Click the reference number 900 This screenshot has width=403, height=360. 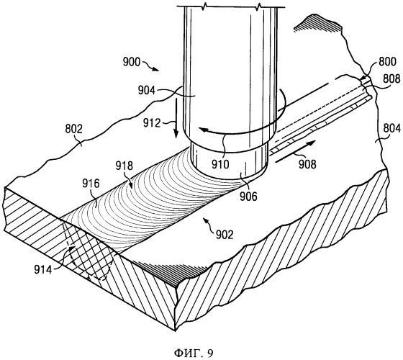pyautogui.click(x=132, y=63)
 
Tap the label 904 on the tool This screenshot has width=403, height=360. pyautogui.click(x=147, y=90)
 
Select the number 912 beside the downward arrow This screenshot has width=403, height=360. pyautogui.click(x=152, y=123)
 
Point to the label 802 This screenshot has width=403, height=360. pyautogui.click(x=73, y=129)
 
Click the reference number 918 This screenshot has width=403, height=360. pyautogui.click(x=124, y=166)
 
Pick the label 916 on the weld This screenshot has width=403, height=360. pyautogui.click(x=91, y=184)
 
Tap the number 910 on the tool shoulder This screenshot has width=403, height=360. pyautogui.click(x=220, y=164)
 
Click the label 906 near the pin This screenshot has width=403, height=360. pyautogui.click(x=248, y=197)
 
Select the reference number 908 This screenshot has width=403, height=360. pyautogui.click(x=307, y=164)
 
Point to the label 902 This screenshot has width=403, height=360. pyautogui.click(x=225, y=235)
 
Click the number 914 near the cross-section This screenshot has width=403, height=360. pyautogui.click(x=43, y=270)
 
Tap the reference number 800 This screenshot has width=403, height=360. pyautogui.click(x=387, y=62)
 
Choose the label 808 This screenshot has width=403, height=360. pyautogui.click(x=391, y=78)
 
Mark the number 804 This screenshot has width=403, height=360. pyautogui.click(x=391, y=128)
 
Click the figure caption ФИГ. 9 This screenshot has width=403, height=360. pyautogui.click(x=194, y=353)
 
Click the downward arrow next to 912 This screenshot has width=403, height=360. pyautogui.click(x=176, y=119)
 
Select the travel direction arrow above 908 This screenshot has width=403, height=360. pyautogui.click(x=295, y=152)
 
